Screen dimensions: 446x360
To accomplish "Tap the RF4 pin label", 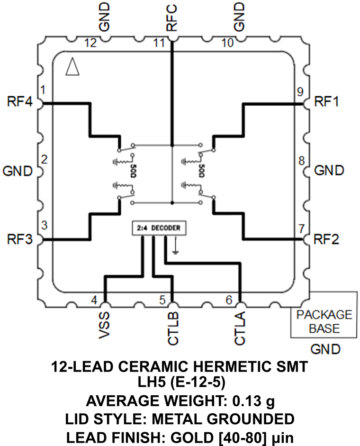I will (19, 102).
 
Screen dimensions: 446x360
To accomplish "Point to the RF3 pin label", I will (19, 239).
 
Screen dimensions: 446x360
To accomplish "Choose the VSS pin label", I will (105, 327).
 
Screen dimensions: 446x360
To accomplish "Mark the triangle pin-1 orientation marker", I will (72, 67).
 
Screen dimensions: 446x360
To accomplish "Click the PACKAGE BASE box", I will (324, 321).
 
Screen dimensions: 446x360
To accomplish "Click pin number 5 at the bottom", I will (162, 300).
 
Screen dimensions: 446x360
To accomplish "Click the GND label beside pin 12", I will (105, 17).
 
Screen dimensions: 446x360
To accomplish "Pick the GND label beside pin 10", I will (240, 17).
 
